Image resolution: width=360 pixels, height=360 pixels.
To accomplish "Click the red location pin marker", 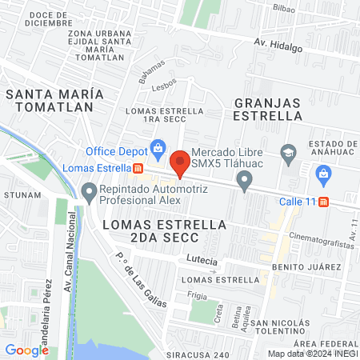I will [181, 162].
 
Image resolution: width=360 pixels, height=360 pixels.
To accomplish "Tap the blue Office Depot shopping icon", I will [158, 150].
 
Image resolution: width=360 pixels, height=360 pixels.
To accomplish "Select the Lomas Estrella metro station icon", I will [138, 169].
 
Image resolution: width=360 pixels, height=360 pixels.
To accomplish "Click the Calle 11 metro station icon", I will [324, 202].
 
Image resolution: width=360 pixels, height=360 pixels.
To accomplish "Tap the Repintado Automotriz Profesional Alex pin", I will [88, 190].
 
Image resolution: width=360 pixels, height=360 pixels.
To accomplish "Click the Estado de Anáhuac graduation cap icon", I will [287, 151].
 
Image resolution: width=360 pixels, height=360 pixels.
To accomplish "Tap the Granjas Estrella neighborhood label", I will [266, 108].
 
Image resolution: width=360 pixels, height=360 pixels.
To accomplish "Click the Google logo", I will [26, 350].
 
